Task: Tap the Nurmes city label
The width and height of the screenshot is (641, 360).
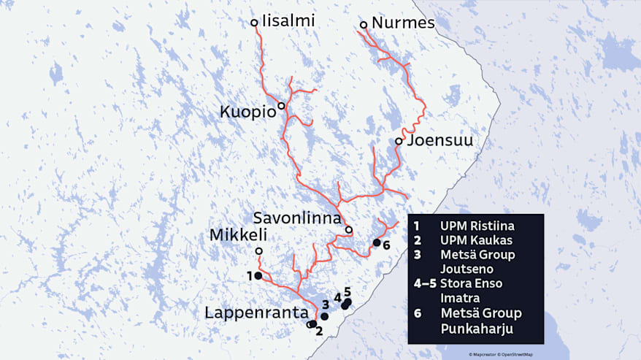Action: [x=403, y=23]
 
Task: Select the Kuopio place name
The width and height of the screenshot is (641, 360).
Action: [x=248, y=112]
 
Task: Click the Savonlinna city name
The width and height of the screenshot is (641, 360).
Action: [x=297, y=218]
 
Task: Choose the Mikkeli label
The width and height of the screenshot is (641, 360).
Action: [x=239, y=236]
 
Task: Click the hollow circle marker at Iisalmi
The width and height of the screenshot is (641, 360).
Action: [x=254, y=23]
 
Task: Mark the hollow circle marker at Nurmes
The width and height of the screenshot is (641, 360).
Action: [x=364, y=25]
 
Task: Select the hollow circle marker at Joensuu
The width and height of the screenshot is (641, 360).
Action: [x=399, y=141]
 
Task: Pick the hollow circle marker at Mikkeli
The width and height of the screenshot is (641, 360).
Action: [x=258, y=251]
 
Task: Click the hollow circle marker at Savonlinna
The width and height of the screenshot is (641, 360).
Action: [x=349, y=230]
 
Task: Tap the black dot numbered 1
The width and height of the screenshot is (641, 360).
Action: [x=258, y=276]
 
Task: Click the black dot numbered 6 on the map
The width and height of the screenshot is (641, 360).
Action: [x=377, y=242]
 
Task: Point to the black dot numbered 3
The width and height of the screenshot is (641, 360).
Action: [x=324, y=317]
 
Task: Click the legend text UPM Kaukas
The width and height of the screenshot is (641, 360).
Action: [x=475, y=240]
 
